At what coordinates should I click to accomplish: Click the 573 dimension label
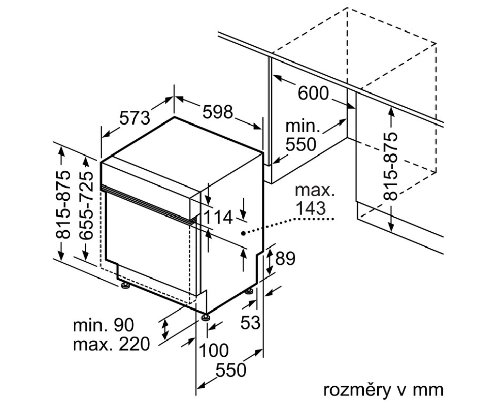coord(135,118)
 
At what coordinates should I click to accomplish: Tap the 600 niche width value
coord(313,93)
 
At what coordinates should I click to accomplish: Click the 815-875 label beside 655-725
coord(63,204)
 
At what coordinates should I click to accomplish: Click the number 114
coord(218,218)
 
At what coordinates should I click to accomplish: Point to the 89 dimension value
coord(285,259)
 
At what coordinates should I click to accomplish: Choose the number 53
coord(250,322)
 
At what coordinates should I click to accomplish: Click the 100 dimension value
coord(213,350)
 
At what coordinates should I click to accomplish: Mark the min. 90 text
coord(104,325)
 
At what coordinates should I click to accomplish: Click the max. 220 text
coord(112,345)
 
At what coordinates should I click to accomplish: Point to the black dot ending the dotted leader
coord(244,233)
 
